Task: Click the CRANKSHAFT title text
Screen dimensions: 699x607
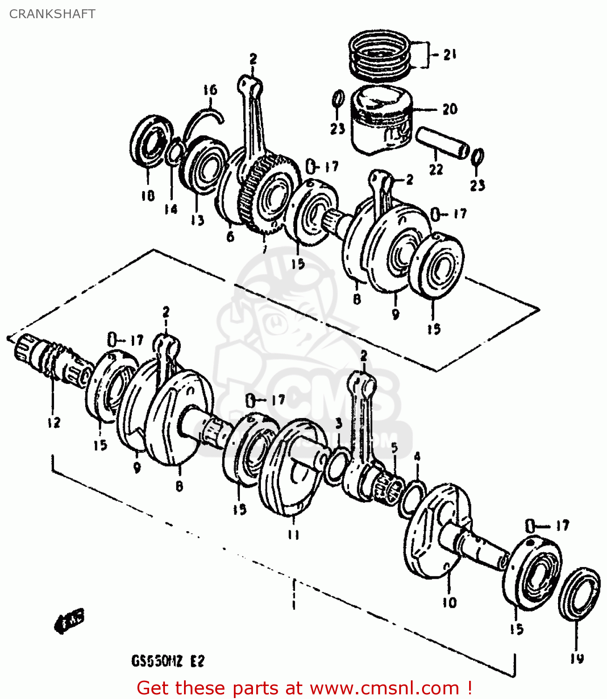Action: coord(52,14)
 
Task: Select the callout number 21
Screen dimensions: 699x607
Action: coord(449,55)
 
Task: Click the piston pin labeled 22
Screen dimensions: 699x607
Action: coord(442,143)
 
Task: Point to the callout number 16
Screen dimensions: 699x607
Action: coord(210,89)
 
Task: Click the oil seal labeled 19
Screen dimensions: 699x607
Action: coord(579,594)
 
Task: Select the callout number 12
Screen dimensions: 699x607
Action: coord(54,423)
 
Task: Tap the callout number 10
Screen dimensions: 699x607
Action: coord(450,603)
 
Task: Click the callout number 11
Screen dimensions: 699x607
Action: coord(293,535)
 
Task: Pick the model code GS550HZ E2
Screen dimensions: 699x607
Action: coord(168,661)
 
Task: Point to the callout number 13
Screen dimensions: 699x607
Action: coord(198,219)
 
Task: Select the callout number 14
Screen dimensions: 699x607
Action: coord(171,209)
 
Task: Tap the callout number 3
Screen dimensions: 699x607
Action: coord(339,423)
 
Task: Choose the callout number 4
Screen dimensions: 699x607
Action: coord(417,456)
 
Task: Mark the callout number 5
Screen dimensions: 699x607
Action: coord(394,448)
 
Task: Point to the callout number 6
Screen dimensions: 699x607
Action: coord(230,237)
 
